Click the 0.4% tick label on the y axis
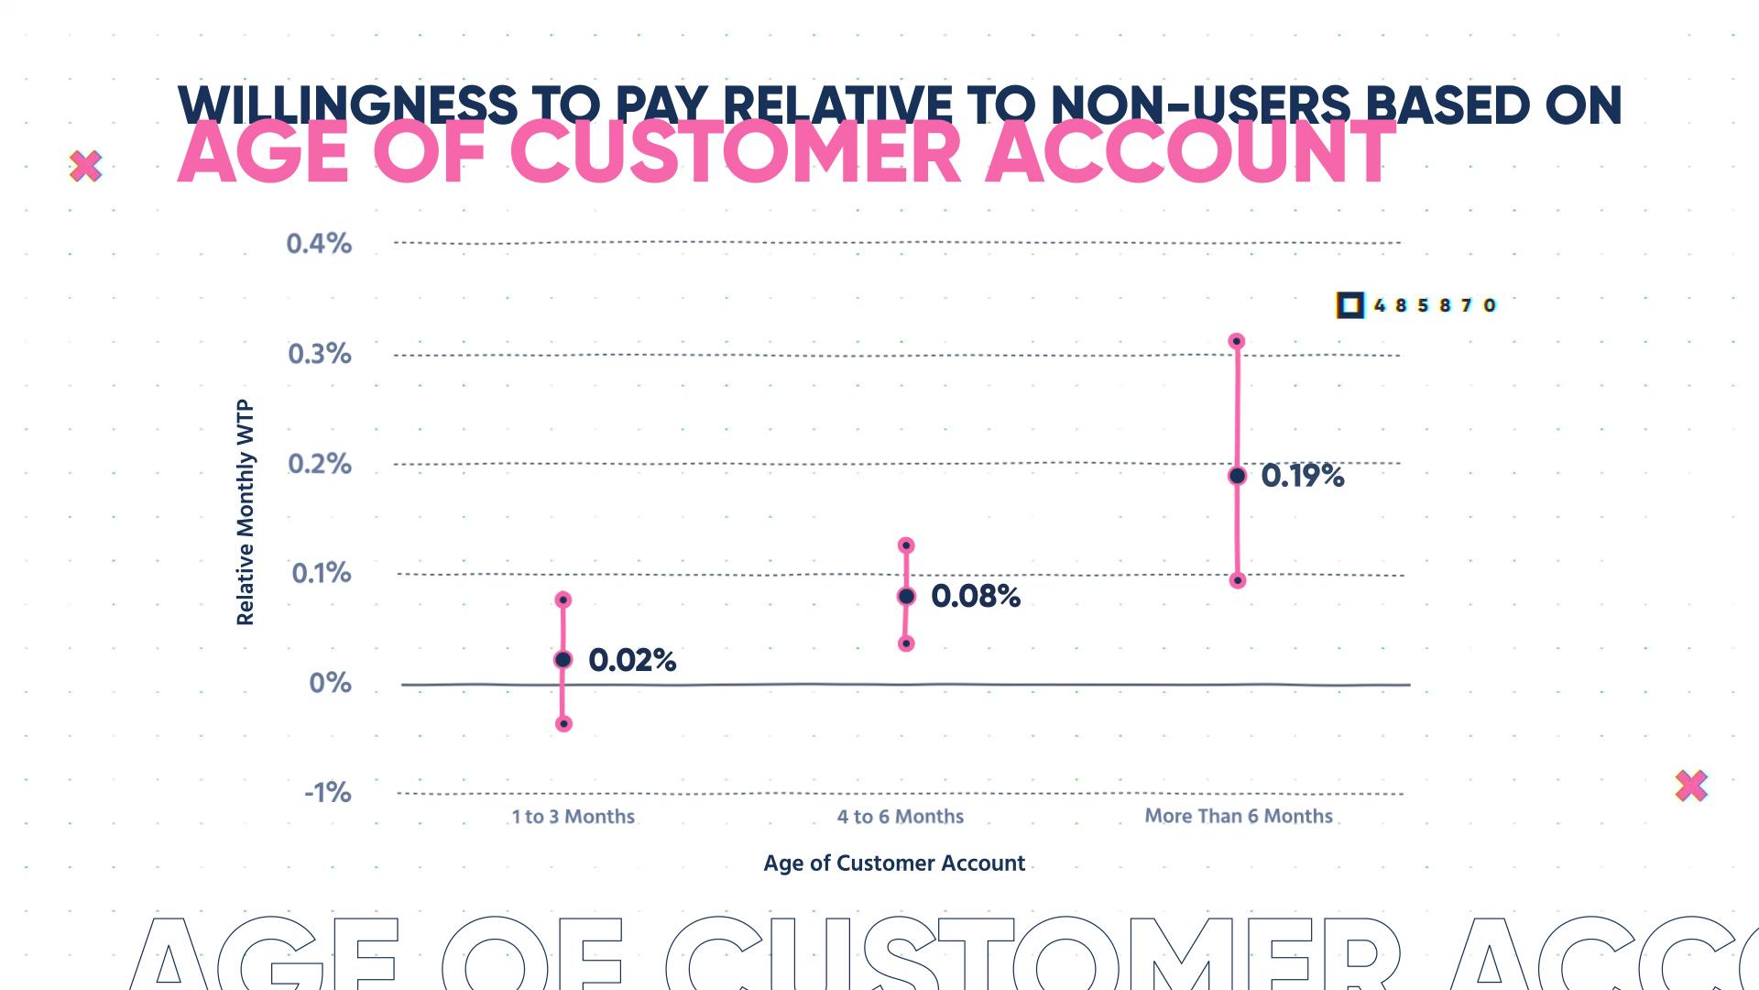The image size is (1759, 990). pyautogui.click(x=319, y=244)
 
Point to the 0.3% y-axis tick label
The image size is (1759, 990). pyautogui.click(x=320, y=354)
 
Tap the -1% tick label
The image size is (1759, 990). pyautogui.click(x=328, y=792)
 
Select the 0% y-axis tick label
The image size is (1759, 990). pyautogui.click(x=331, y=683)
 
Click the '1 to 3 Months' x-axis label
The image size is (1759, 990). pyautogui.click(x=574, y=817)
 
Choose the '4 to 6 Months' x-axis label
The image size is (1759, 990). pyautogui.click(x=901, y=817)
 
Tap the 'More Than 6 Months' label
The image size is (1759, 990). pyautogui.click(x=1239, y=816)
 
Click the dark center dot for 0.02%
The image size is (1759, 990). pyautogui.click(x=563, y=660)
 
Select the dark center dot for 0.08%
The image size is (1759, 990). pyautogui.click(x=906, y=597)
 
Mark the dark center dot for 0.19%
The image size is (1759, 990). pyautogui.click(x=1237, y=476)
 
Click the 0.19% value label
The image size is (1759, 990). pyautogui.click(x=1303, y=476)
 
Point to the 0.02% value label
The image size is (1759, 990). pyautogui.click(x=632, y=660)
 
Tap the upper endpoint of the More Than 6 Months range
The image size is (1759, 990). pyautogui.click(x=1236, y=342)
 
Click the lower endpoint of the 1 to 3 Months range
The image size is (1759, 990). pyautogui.click(x=564, y=724)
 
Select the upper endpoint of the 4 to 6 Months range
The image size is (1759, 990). pyautogui.click(x=906, y=546)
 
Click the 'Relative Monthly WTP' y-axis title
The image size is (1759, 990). pyautogui.click(x=245, y=513)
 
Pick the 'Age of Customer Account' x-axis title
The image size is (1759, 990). pyautogui.click(x=894, y=863)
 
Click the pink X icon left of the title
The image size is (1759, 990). pyautogui.click(x=85, y=167)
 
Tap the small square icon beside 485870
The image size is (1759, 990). pyautogui.click(x=1349, y=305)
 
